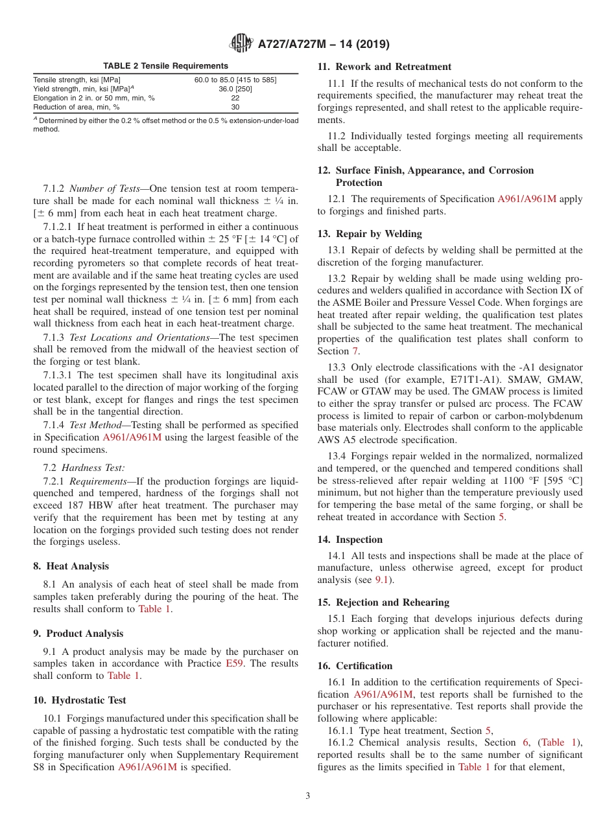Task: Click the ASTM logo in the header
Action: click(x=241, y=45)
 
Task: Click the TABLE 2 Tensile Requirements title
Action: click(x=166, y=66)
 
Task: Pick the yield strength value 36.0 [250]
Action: click(x=235, y=89)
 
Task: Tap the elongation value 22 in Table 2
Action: click(x=235, y=98)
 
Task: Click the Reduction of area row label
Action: click(x=77, y=107)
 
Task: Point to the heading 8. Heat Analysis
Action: click(x=71, y=566)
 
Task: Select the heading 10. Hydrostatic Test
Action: click(x=80, y=700)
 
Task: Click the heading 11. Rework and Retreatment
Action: click(x=384, y=67)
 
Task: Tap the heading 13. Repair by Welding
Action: click(x=370, y=234)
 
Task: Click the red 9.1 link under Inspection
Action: click(x=383, y=580)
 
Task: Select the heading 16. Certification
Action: click(x=355, y=666)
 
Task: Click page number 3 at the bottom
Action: click(x=308, y=796)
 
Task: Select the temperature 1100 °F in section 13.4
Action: click(x=512, y=480)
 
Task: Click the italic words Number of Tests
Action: click(x=104, y=189)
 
